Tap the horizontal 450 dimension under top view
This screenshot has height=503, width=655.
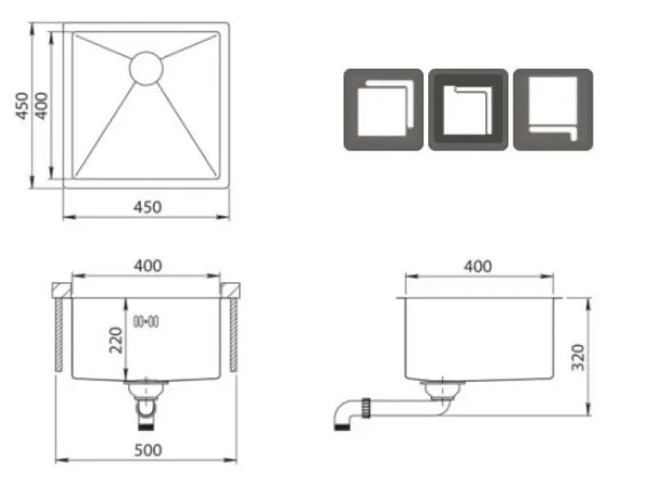tap(147, 208)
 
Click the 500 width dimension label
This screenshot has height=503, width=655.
tap(147, 450)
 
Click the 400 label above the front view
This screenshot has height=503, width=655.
tap(147, 266)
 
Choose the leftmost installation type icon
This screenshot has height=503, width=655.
tap(383, 109)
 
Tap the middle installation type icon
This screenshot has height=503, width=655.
tap(468, 109)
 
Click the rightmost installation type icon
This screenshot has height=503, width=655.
tap(553, 109)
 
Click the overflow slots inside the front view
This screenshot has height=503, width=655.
tap(146, 321)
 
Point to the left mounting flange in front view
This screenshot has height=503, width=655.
tap(61, 291)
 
